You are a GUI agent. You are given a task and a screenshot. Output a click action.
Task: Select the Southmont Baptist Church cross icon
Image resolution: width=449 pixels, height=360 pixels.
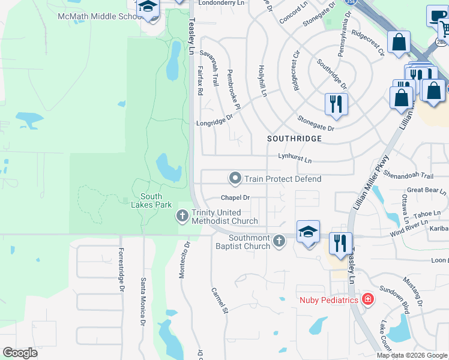(278, 241)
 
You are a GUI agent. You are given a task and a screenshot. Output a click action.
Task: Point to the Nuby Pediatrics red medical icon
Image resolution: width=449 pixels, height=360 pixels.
(367, 299)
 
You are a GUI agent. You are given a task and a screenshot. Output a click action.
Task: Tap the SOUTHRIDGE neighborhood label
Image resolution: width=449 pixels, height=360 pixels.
(295, 139)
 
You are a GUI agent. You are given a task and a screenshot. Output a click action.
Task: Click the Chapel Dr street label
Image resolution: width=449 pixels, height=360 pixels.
(235, 197)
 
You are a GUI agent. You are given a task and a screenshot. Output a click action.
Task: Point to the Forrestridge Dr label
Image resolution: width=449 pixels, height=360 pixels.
(121, 270)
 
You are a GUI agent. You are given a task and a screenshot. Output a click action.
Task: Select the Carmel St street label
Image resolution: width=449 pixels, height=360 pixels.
(220, 301)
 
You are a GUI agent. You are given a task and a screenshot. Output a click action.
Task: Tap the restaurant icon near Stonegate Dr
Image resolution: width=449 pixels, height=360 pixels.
(336, 104)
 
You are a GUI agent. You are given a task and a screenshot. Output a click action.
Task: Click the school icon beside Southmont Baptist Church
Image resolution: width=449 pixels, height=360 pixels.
(307, 232)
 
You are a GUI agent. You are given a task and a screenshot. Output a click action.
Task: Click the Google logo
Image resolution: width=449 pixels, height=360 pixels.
(20, 353)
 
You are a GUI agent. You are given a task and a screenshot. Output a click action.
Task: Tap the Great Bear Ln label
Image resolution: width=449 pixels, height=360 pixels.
(426, 191)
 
